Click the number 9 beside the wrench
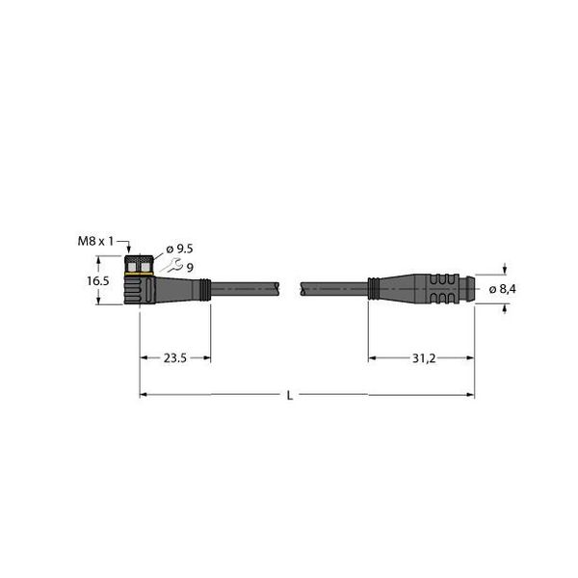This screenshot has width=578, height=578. point(190,267)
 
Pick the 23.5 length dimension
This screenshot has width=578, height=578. point(174,357)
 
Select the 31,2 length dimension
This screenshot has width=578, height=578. point(421,357)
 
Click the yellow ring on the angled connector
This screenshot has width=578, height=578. point(141,276)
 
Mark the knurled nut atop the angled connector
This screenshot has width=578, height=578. point(141,263)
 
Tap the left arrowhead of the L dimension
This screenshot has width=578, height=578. point(145,394)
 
